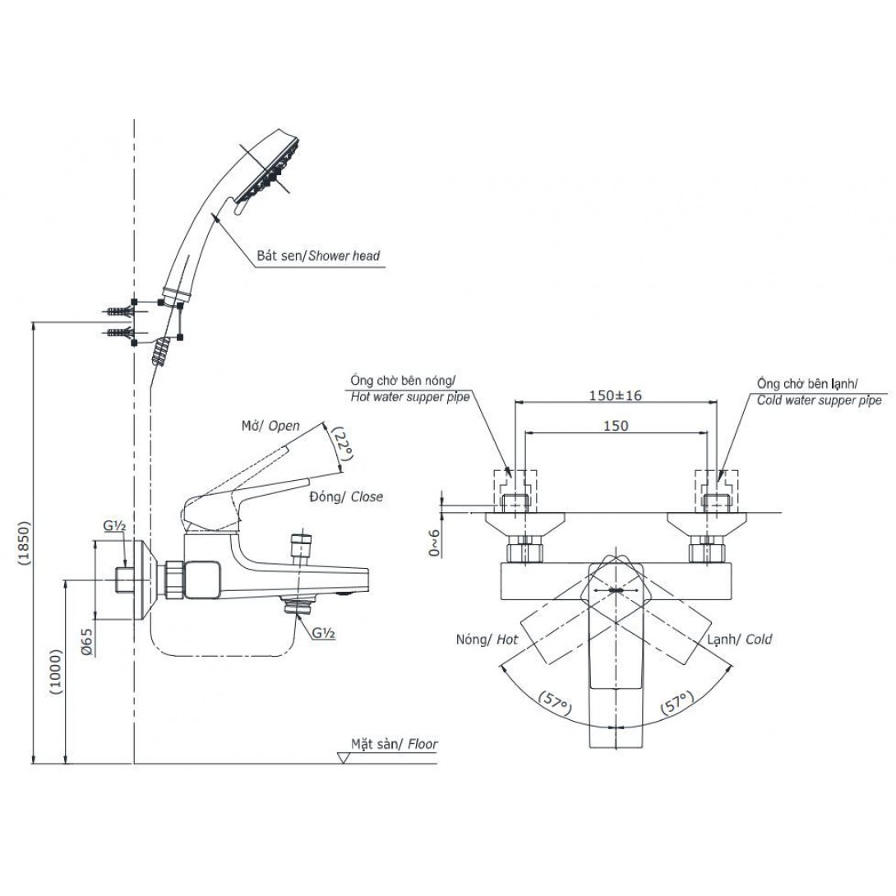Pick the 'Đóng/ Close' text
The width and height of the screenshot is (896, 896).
coord(346,497)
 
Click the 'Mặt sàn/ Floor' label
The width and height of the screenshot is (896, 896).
coord(395,745)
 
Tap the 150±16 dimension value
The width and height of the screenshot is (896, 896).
coord(614,395)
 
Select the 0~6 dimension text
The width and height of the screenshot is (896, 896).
coord(433,542)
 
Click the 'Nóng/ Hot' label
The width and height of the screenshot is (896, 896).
coord(487,639)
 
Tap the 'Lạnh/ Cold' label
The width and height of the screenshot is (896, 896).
coord(737,639)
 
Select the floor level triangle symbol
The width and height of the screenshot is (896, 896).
coord(344,756)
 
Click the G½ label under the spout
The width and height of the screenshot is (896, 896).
coord(321,633)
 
